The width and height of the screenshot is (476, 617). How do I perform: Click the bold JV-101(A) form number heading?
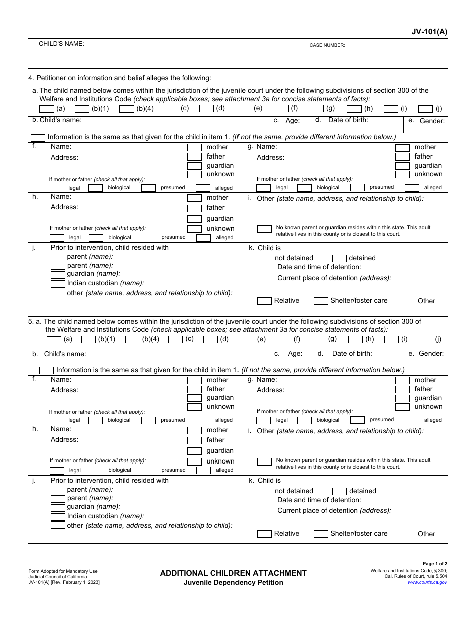click(429, 31)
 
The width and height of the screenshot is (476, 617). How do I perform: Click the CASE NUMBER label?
click(327, 45)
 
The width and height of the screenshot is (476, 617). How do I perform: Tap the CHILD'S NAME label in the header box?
click(61, 44)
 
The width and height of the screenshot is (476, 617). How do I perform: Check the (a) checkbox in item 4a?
click(46, 109)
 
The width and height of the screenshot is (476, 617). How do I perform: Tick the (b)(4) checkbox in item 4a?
click(127, 109)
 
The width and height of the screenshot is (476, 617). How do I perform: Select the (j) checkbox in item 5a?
click(425, 340)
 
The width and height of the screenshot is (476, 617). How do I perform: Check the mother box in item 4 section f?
click(194, 147)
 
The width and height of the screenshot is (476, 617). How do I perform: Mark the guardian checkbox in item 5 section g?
click(402, 398)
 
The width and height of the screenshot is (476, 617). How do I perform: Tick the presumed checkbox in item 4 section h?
click(149, 238)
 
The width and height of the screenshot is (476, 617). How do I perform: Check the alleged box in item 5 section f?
click(203, 420)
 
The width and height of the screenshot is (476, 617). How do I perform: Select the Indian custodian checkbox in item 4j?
click(58, 283)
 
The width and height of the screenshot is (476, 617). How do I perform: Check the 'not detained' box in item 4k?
click(265, 258)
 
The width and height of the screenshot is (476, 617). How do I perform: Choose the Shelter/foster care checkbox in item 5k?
click(321, 534)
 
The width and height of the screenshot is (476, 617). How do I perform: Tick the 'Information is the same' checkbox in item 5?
click(46, 370)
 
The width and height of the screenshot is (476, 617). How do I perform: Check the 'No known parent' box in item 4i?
click(264, 229)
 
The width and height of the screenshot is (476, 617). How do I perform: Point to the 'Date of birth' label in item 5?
click(352, 353)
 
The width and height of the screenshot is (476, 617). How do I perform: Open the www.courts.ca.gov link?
click(427, 582)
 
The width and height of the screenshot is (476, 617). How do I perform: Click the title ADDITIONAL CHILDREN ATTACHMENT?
click(233, 573)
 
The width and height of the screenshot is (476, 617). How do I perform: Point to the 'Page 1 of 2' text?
click(435, 564)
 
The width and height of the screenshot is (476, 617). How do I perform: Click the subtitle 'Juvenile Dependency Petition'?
click(233, 582)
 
